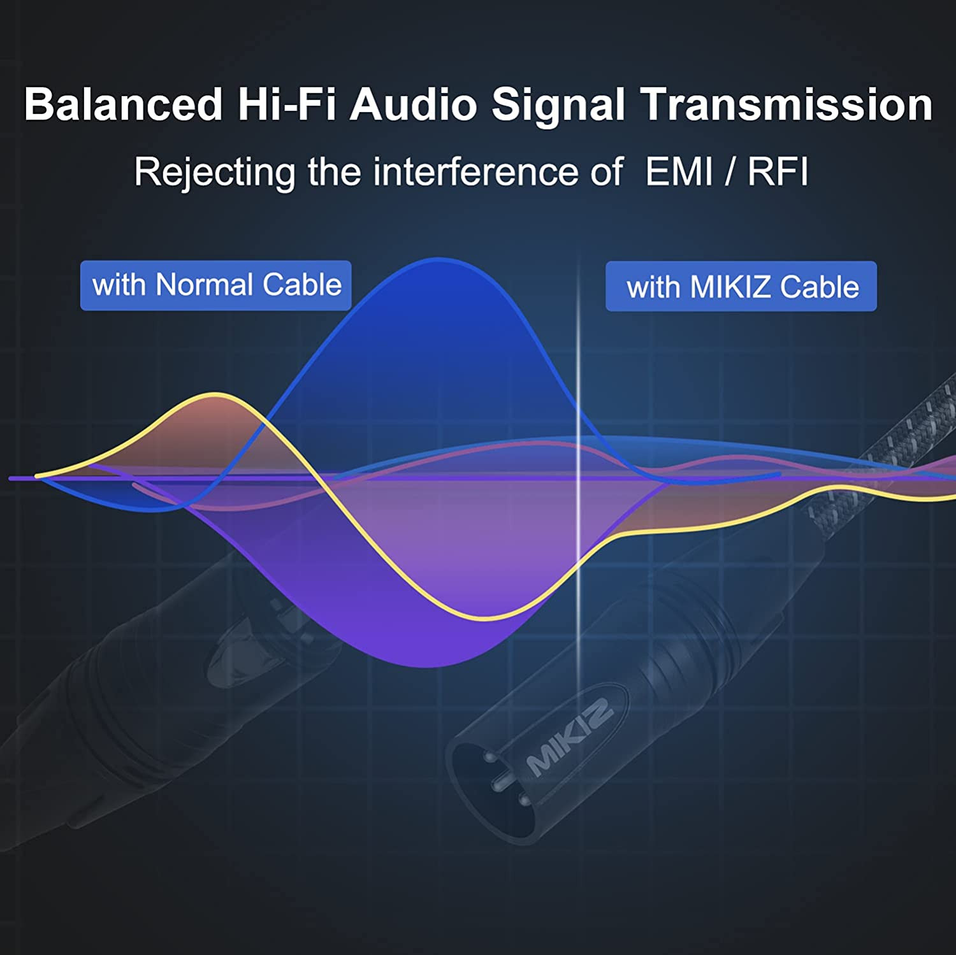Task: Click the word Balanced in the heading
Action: tap(124, 104)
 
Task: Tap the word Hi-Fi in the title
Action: tap(287, 104)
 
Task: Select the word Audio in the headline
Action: tap(414, 104)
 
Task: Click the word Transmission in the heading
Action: tap(787, 104)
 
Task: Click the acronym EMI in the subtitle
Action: tap(679, 172)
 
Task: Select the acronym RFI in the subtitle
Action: tap(778, 172)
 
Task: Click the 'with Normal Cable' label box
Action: tap(216, 285)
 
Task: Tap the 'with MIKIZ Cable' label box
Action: tap(741, 287)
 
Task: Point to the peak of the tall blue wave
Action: tap(438, 259)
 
